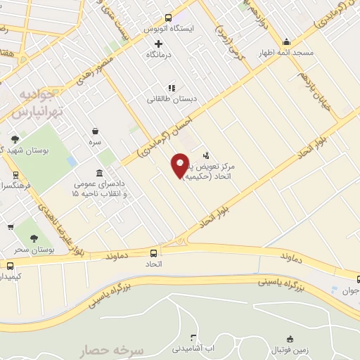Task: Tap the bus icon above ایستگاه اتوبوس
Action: click(x=168, y=18)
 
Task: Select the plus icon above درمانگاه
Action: click(x=159, y=44)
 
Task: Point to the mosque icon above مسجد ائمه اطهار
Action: click(x=285, y=41)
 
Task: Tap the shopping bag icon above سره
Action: click(x=95, y=131)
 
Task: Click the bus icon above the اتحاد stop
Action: click(x=153, y=253)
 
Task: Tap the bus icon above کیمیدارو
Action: click(x=10, y=266)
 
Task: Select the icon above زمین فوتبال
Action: click(x=289, y=338)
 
